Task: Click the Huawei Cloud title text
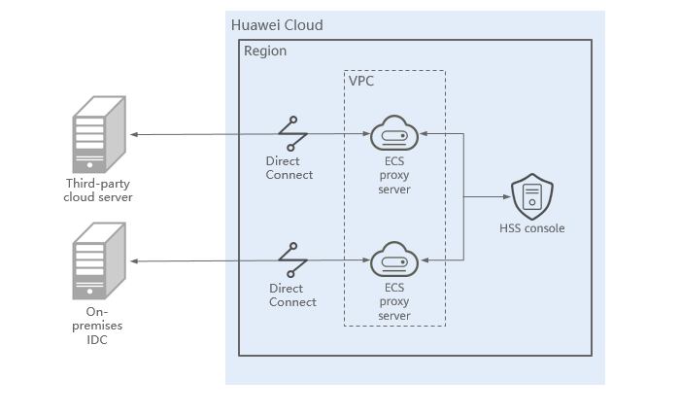coord(277,24)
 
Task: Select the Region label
coord(265,51)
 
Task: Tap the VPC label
coord(361,81)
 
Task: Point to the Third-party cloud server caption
coord(99,190)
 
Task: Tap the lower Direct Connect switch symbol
coord(292,259)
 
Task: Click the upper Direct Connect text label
coord(289,167)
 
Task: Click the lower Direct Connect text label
coord(292,294)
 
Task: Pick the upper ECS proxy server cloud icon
coord(394,133)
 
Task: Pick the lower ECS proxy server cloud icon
coord(394,260)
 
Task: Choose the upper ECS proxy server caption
coord(394,175)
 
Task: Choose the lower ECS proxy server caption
coord(394,302)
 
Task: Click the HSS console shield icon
coord(530,197)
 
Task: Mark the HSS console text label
coord(530,228)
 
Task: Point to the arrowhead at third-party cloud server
coord(134,134)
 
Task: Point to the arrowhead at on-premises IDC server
coord(134,260)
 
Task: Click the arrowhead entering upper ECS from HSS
coord(425,134)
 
